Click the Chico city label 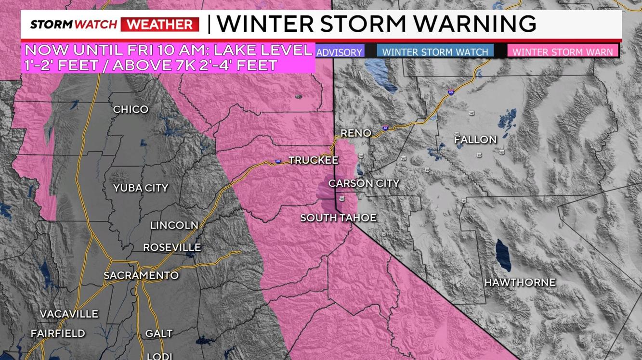[x=131, y=110]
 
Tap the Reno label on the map [x=356, y=133]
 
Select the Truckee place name [x=313, y=160]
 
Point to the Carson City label [x=364, y=183]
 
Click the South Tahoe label [x=338, y=218]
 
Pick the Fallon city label [x=475, y=140]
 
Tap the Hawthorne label [x=520, y=283]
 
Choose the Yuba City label [x=141, y=188]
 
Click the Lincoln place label [x=174, y=225]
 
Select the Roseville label [x=172, y=247]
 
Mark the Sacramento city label [x=141, y=276]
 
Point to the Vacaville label [x=69, y=314]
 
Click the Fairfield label [x=58, y=334]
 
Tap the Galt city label [x=159, y=334]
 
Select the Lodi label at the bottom [x=159, y=356]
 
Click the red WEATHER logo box [x=160, y=24]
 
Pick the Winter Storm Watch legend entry [x=435, y=51]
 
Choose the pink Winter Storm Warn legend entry [x=563, y=51]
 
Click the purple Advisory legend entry [x=339, y=52]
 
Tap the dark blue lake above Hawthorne [x=503, y=255]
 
